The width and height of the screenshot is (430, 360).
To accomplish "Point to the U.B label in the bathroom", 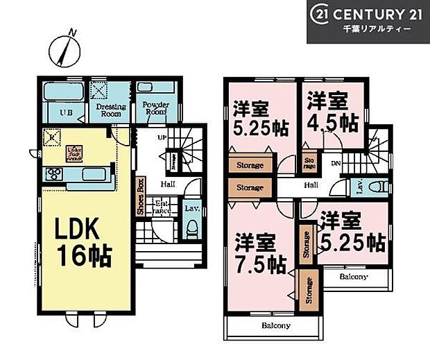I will [64, 112].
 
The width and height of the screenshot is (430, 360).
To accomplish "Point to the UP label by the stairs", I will [161, 138].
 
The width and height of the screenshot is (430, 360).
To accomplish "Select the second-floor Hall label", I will [311, 185].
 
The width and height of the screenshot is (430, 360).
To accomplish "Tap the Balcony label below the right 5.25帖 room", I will [354, 276].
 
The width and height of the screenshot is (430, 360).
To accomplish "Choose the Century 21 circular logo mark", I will [323, 15].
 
